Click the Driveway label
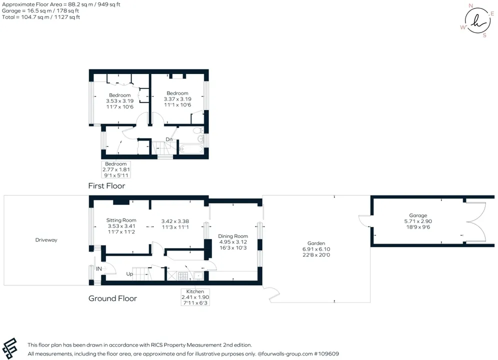[46, 240]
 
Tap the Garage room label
[418, 215]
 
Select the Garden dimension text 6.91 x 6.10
[316, 249]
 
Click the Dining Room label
[233, 236]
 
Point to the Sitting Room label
[121, 220]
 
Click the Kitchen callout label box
[195, 297]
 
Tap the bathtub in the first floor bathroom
[191, 149]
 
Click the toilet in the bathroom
[198, 130]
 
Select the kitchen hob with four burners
[183, 275]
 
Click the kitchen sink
[198, 275]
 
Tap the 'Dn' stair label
[169, 139]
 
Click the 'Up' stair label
[129, 273]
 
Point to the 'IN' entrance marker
[99, 269]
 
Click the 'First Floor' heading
[106, 186]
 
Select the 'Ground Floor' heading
[112, 298]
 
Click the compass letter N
[470, 5]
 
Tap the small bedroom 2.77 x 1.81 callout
[116, 169]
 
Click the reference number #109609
[326, 353]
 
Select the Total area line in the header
[41, 17]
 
